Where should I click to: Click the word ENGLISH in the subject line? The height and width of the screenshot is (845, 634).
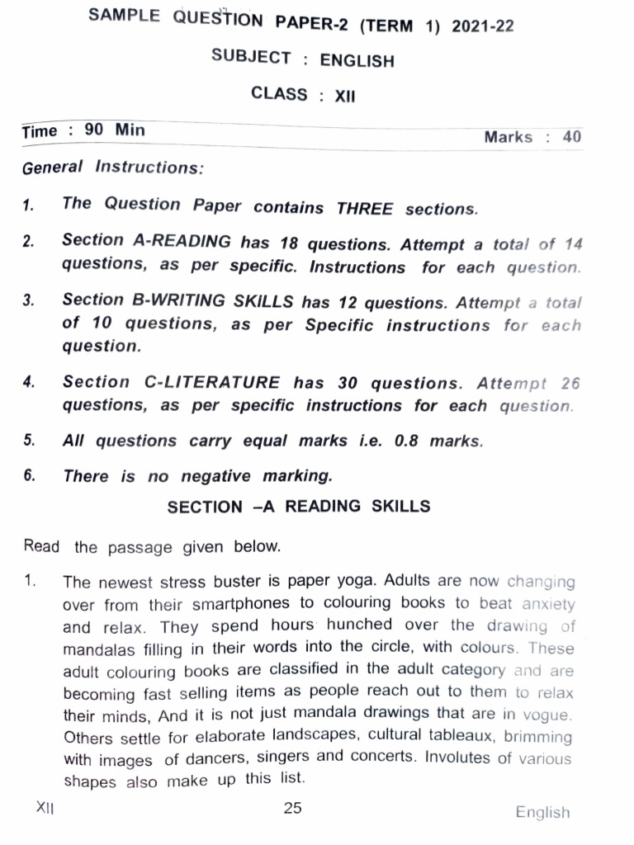(x=357, y=60)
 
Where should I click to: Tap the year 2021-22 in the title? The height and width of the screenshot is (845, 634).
(x=481, y=26)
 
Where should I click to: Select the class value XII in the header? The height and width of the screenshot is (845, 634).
(x=344, y=96)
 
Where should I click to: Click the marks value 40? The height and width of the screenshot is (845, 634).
(x=571, y=137)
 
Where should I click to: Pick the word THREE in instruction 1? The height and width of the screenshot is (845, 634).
(x=364, y=209)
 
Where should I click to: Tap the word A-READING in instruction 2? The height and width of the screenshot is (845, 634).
(x=182, y=242)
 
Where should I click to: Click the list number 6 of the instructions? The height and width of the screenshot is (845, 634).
(x=29, y=475)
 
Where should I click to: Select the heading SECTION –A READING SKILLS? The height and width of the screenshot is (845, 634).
(x=299, y=507)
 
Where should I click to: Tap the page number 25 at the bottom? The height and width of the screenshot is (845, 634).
(x=292, y=808)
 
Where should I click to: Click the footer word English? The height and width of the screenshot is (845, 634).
(x=542, y=813)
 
